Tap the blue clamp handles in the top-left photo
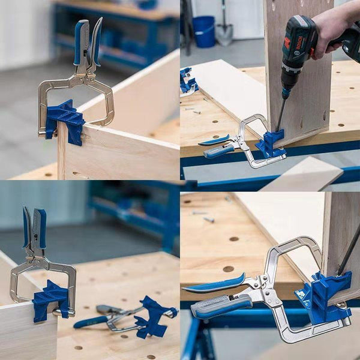pyautogui.click(x=88, y=42)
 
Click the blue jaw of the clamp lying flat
pyautogui.click(x=153, y=316)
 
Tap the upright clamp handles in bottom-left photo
pyautogui.click(x=34, y=228)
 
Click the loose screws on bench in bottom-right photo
pyautogui.click(x=204, y=217)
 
